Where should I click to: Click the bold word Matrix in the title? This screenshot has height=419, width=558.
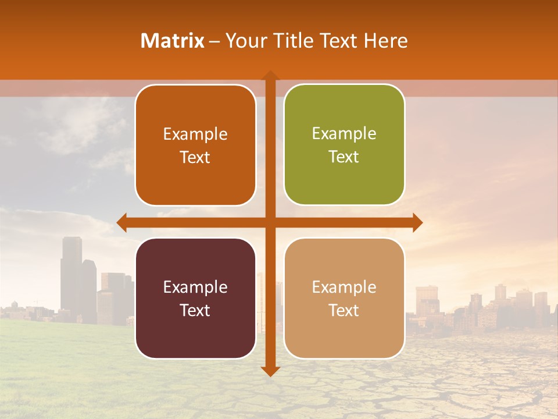[173, 41]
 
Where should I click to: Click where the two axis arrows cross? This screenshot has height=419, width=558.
[270, 223]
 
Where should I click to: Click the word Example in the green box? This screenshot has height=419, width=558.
[344, 134]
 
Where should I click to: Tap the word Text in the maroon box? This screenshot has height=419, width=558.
[195, 310]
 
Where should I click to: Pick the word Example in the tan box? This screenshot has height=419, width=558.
[344, 287]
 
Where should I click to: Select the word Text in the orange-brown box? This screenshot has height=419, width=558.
[195, 158]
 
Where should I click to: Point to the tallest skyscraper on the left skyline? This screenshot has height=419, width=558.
[71, 274]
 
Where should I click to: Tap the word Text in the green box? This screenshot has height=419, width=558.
[344, 157]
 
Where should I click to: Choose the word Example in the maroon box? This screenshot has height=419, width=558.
[195, 287]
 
